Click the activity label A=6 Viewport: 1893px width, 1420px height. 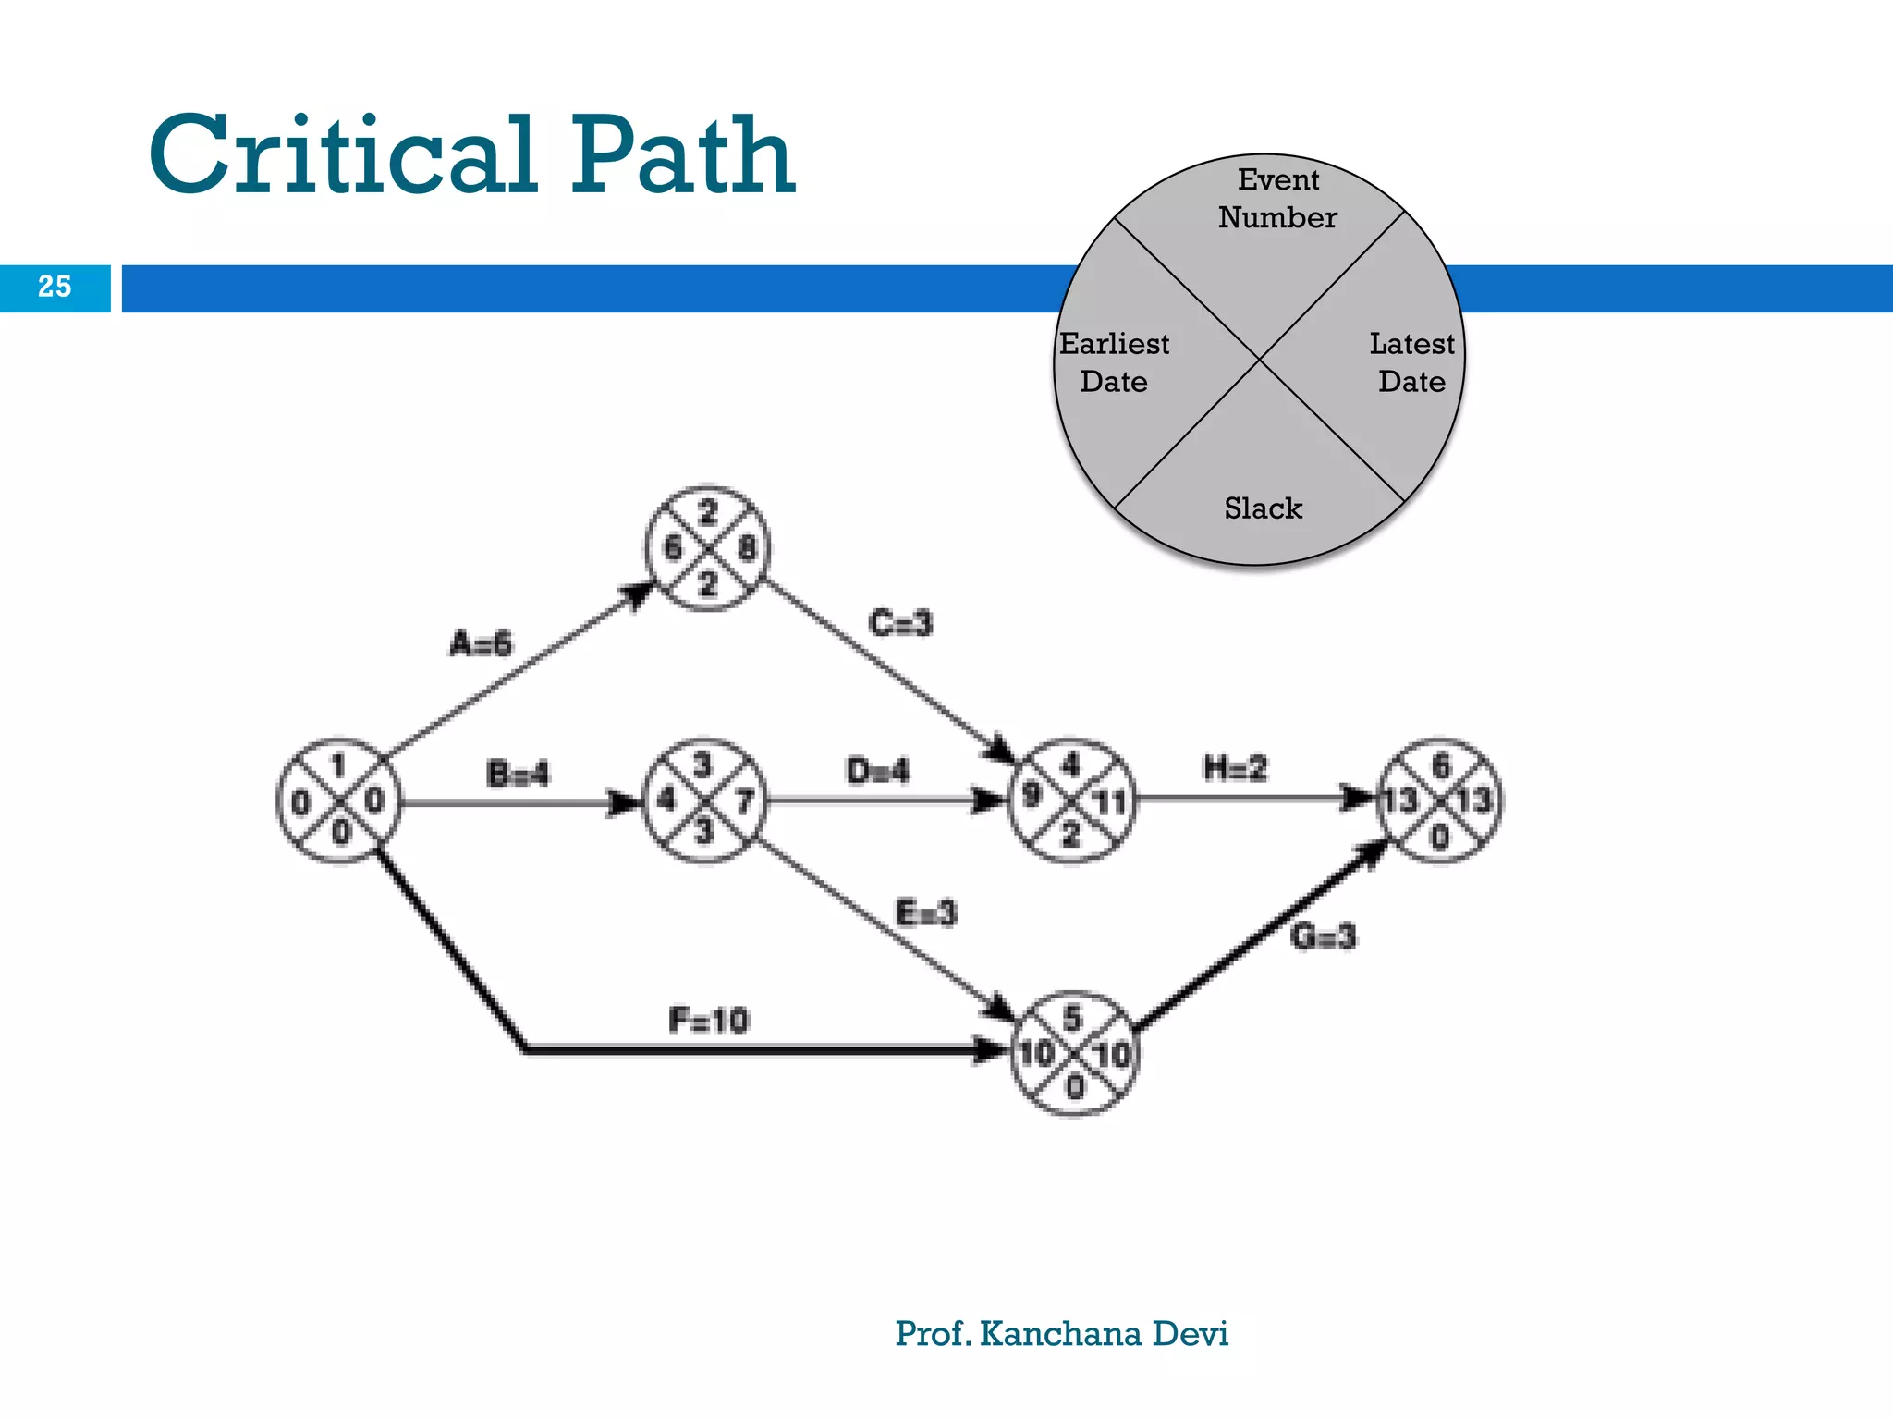(481, 643)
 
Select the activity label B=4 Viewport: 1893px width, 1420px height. (518, 773)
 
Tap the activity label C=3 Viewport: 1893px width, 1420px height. (900, 623)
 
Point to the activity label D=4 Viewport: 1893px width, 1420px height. (877, 771)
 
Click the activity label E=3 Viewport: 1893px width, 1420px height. (926, 913)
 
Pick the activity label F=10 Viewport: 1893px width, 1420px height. (708, 1021)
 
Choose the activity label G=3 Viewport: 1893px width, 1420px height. (1323, 937)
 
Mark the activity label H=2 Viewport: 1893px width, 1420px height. (1235, 768)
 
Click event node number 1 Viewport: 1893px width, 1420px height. (339, 801)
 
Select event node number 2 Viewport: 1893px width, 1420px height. (707, 548)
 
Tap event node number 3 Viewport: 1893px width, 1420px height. (705, 801)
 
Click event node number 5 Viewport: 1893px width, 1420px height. (1073, 1054)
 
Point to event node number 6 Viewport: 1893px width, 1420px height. (1439, 801)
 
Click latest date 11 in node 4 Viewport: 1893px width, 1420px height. (1109, 802)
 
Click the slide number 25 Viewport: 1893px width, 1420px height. (55, 287)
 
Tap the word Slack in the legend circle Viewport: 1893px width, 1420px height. (1263, 508)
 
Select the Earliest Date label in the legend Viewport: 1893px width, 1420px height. (1114, 362)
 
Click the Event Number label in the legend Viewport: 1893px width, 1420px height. (1277, 199)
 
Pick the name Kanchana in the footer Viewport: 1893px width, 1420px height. (1060, 1333)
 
